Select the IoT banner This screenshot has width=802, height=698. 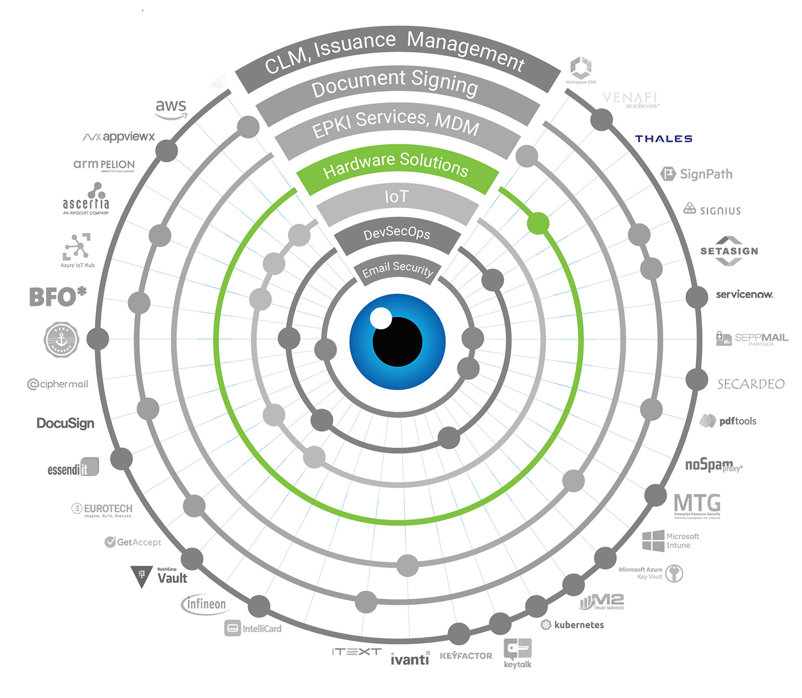tap(396, 198)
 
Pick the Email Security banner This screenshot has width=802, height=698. tap(397, 270)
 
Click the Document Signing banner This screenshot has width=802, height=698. tap(395, 84)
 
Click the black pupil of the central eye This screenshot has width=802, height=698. tap(398, 342)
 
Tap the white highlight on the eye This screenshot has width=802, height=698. tap(380, 318)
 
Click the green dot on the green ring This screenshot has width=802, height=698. tap(538, 223)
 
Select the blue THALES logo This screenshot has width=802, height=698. tap(663, 139)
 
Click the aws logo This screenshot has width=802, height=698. tap(171, 107)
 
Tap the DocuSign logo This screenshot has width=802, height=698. tap(65, 423)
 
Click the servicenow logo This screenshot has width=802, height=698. tap(745, 295)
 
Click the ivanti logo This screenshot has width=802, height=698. tap(410, 660)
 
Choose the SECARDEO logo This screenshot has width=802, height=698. tap(750, 384)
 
